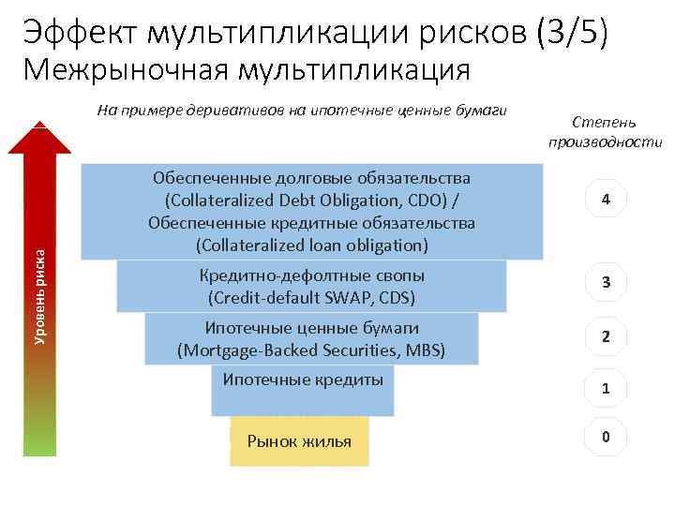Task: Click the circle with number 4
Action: click(607, 199)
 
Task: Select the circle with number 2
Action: click(607, 336)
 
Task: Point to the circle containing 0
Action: click(607, 437)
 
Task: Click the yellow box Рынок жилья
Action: click(299, 441)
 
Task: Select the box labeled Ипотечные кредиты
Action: click(303, 390)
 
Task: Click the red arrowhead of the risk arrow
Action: click(40, 137)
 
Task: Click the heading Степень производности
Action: click(606, 132)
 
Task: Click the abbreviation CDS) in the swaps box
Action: click(395, 298)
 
